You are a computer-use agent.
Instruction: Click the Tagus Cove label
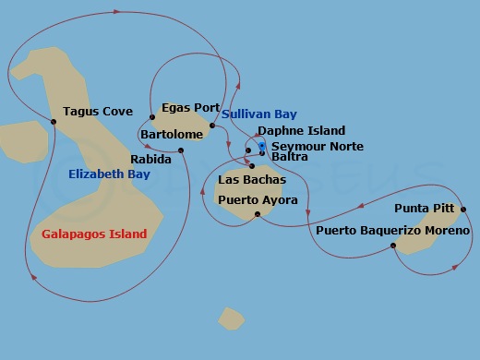point(98,112)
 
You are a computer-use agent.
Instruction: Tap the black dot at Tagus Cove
point(54,122)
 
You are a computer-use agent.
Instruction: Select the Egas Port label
point(190,107)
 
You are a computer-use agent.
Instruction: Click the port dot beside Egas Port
point(151,116)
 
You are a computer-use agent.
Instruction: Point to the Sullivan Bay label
point(259,114)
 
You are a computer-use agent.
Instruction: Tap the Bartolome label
point(172,135)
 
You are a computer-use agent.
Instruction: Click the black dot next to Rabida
point(181,150)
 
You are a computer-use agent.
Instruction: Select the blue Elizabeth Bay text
point(109,174)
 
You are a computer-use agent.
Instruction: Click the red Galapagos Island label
point(94,234)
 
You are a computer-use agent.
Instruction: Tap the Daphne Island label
point(301,131)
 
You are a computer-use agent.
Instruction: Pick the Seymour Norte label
point(311,147)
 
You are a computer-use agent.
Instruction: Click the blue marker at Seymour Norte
point(263,146)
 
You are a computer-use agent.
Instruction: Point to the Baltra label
point(290,157)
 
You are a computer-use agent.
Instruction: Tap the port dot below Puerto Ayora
point(258,213)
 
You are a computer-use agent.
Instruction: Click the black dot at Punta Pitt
point(463,209)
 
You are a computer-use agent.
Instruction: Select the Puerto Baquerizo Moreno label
point(392,230)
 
